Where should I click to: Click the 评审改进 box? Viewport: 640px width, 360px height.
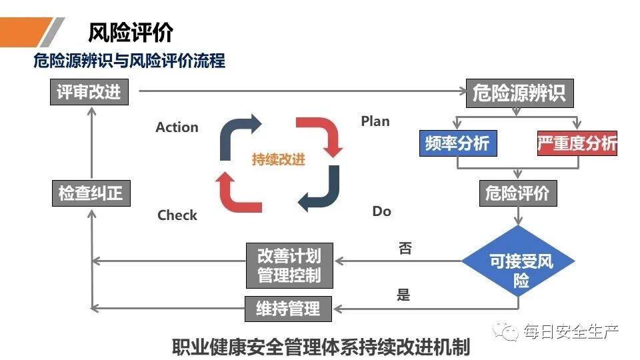(89, 92)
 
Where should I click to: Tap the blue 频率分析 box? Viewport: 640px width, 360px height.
(457, 143)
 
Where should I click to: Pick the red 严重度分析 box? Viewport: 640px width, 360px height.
(577, 143)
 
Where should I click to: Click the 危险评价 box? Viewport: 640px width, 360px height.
(517, 193)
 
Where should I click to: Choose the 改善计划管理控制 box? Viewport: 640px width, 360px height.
(289, 265)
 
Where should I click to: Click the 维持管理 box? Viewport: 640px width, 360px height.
(289, 309)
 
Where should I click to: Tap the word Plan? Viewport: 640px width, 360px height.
(375, 121)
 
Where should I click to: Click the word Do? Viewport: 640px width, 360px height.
(381, 211)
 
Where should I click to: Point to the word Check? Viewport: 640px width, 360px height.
(177, 215)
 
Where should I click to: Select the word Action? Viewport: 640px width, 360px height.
(177, 127)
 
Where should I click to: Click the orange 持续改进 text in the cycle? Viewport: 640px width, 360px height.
(278, 160)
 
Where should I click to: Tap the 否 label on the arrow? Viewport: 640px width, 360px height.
(405, 249)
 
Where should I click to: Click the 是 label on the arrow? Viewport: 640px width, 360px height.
(403, 295)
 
